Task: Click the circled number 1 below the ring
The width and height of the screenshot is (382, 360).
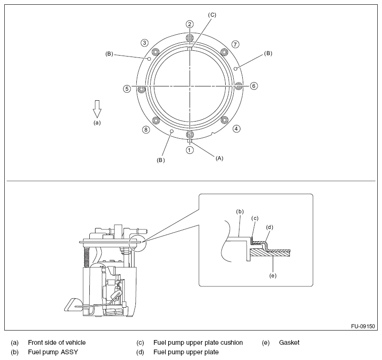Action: (x=190, y=150)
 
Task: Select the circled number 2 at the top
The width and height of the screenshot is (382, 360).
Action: (x=190, y=24)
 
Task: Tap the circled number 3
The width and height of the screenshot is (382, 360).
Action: (x=144, y=43)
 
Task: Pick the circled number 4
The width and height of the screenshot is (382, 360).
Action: (x=236, y=128)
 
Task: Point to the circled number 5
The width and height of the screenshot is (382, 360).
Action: (x=126, y=88)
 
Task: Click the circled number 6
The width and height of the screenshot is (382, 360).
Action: (x=254, y=86)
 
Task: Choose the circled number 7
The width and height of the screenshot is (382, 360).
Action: (x=235, y=44)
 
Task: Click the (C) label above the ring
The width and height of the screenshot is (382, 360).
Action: (x=212, y=15)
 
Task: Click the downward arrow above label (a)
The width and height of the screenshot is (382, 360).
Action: (x=97, y=108)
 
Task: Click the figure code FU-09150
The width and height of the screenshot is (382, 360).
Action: (x=363, y=327)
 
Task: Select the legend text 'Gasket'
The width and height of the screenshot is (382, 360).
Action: (x=289, y=342)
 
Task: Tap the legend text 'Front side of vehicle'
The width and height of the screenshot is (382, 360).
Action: (x=57, y=342)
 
